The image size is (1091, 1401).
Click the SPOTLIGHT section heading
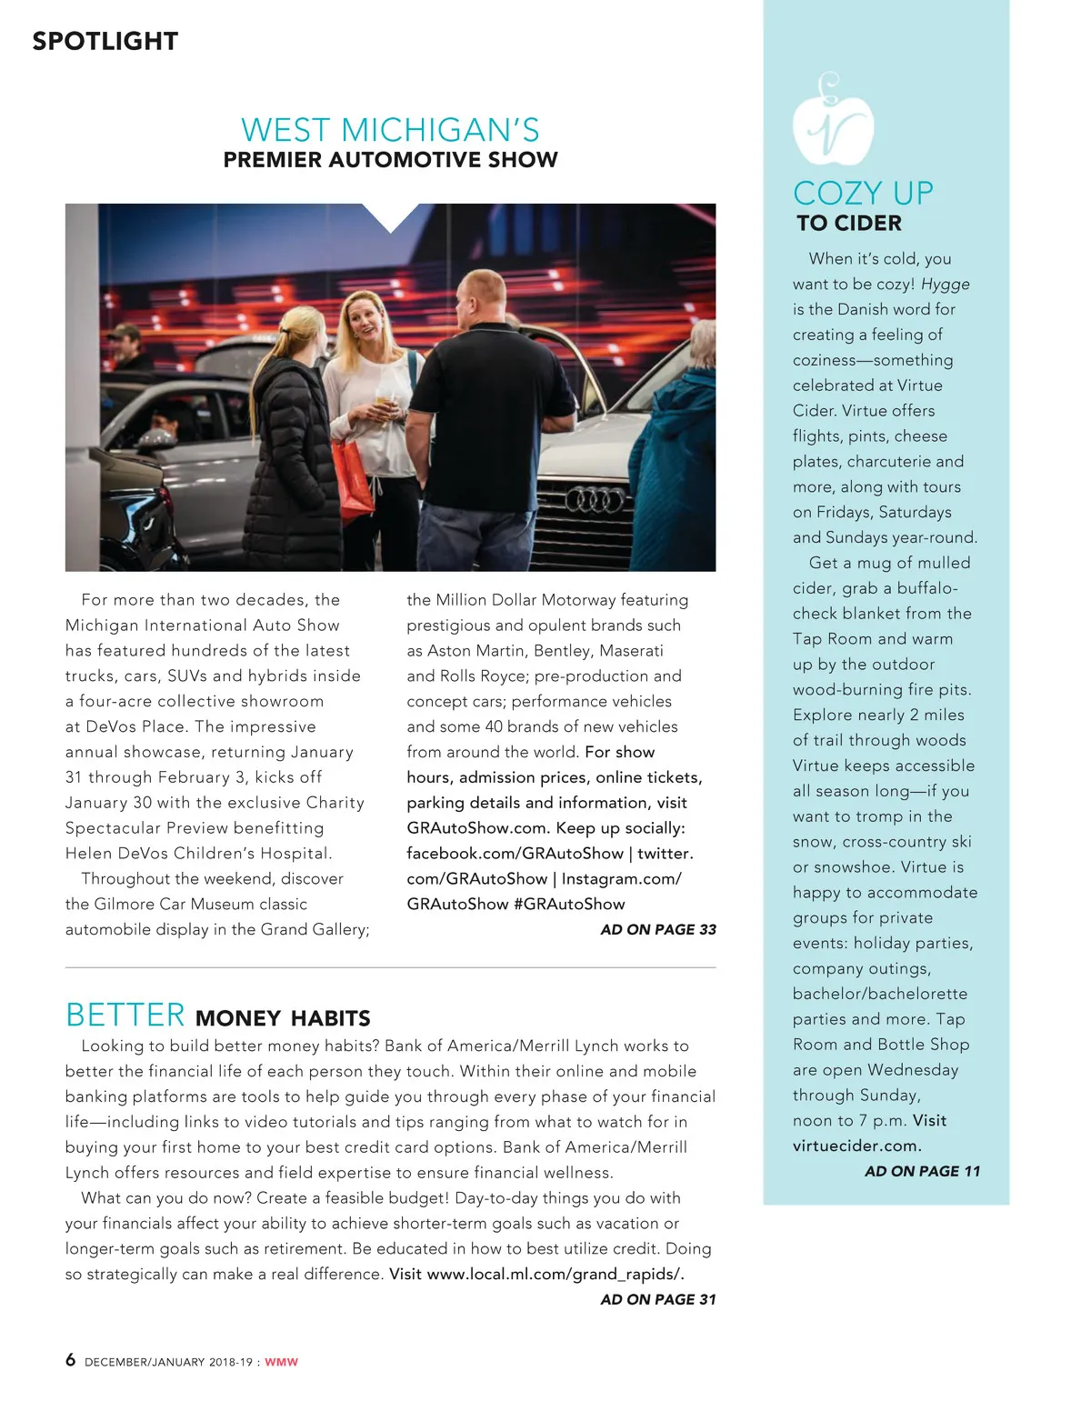[105, 41]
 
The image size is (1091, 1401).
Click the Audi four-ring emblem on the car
[595, 500]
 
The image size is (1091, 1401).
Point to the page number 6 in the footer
[70, 1360]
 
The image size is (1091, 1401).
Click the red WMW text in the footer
[281, 1362]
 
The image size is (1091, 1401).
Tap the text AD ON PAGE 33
[658, 929]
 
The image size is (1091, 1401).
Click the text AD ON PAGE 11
[922, 1171]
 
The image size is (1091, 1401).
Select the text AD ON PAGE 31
[658, 1299]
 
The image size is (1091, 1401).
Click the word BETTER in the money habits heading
[125, 1015]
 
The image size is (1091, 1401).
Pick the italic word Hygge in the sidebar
[945, 284]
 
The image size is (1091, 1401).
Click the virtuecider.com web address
[856, 1146]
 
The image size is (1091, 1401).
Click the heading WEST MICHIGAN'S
[390, 130]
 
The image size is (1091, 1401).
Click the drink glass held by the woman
[385, 404]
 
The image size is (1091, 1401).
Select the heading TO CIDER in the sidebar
[849, 223]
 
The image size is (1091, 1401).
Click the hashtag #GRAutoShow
[569, 904]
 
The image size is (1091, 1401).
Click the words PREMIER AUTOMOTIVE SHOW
[390, 160]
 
